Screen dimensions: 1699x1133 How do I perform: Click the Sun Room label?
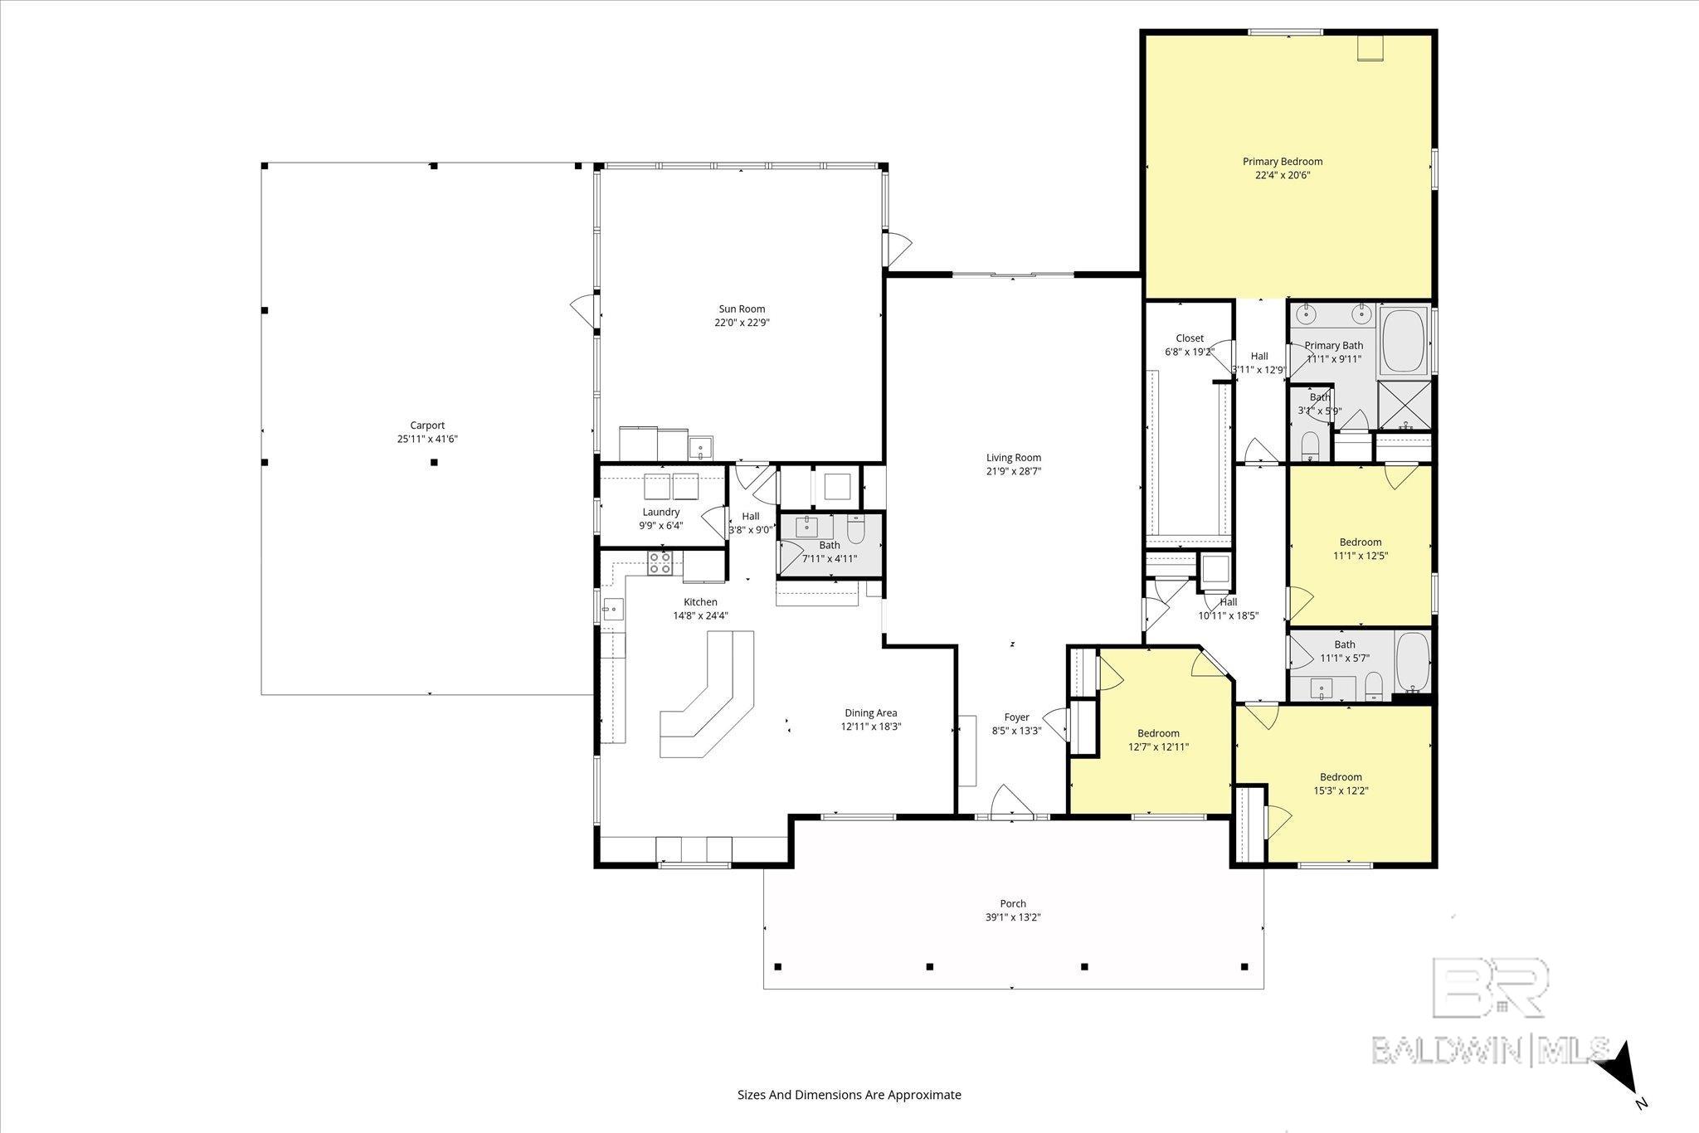(x=742, y=309)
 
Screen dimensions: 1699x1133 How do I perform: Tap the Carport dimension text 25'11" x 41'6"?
(x=427, y=440)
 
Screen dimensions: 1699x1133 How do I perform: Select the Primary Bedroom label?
(x=1283, y=162)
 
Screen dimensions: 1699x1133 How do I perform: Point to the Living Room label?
(x=1014, y=458)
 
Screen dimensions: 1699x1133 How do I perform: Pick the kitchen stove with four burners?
(x=660, y=563)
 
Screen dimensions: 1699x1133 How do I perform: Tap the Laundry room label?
(x=661, y=513)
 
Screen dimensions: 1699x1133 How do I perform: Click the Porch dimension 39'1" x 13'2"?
(x=1013, y=917)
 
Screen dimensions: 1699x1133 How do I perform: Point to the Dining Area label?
(x=871, y=712)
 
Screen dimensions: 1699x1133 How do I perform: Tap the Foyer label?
(x=1017, y=717)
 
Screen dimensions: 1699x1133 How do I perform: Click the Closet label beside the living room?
(x=1190, y=338)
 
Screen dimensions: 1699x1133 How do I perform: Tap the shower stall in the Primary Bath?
(x=1404, y=406)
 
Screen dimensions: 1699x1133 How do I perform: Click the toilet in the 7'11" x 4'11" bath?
(x=856, y=529)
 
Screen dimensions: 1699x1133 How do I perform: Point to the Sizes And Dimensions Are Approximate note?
(x=849, y=1095)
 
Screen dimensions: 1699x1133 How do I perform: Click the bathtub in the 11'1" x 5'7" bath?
(x=1412, y=662)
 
